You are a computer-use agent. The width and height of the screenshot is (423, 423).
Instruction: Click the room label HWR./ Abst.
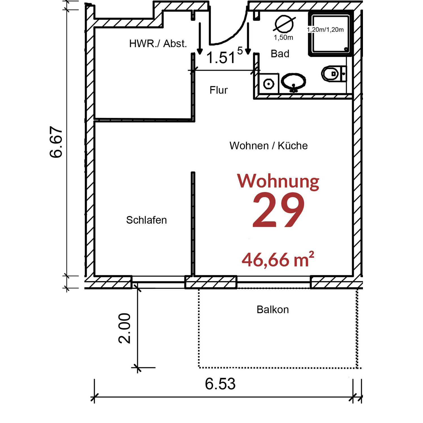158,44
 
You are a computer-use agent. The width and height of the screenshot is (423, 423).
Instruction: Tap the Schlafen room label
146,220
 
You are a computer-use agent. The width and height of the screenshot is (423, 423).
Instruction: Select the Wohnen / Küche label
268,146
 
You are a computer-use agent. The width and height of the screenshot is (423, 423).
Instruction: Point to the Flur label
219,90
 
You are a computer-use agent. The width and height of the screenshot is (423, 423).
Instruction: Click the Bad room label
280,54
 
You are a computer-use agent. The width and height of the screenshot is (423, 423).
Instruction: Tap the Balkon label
273,310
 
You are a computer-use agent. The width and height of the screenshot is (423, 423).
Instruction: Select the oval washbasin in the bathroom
294,82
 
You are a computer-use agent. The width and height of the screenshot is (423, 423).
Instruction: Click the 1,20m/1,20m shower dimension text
325,30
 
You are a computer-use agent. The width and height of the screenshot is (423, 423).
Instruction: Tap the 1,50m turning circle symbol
284,24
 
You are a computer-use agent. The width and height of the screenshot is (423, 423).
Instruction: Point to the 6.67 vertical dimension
56,142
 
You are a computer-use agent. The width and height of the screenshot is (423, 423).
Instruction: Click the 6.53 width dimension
220,384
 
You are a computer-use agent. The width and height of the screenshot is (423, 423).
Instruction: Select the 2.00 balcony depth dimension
124,328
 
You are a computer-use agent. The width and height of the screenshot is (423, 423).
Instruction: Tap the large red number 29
278,210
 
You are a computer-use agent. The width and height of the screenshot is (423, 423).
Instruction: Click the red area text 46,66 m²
278,260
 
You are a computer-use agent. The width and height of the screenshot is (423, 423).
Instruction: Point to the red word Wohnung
278,181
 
